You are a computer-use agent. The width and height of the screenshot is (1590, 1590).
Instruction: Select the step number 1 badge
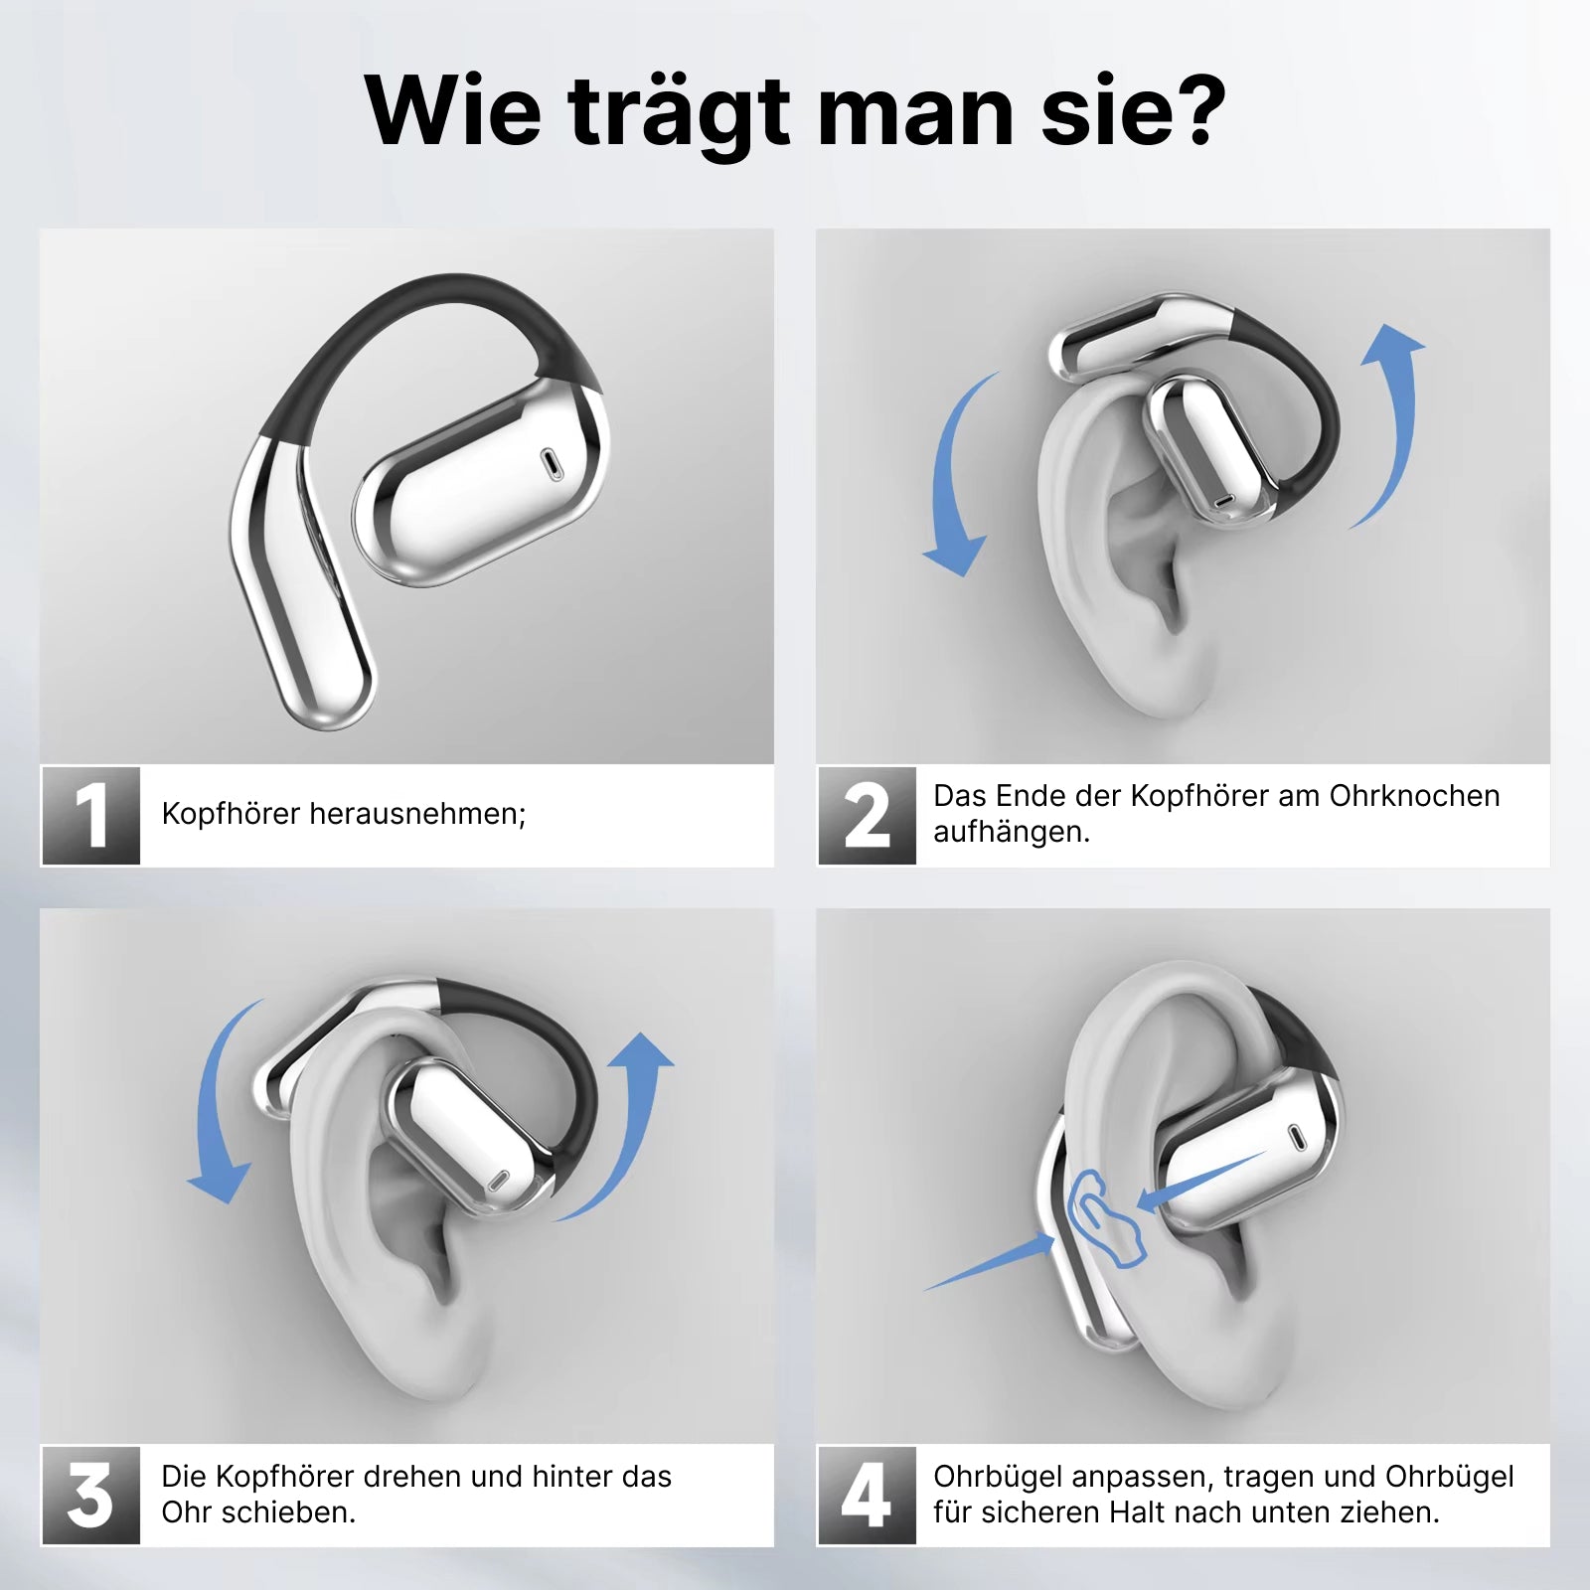90,816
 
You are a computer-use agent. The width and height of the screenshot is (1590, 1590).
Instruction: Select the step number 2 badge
867,816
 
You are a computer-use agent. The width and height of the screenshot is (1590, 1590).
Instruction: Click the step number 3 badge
90,1495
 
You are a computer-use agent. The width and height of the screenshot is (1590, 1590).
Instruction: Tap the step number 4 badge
867,1495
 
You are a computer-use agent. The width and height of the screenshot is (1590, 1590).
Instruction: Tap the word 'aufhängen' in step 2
1011,833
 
